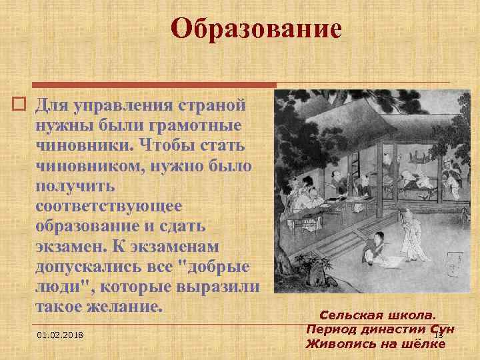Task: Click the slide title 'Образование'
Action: (256, 29)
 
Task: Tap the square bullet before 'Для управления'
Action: (20, 105)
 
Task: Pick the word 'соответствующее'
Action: (106, 206)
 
